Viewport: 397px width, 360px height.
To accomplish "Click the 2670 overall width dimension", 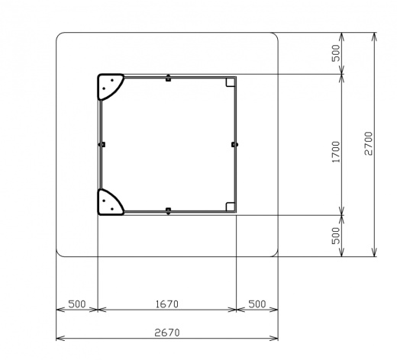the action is [167, 333].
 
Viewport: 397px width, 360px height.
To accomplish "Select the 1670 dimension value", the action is [167, 304].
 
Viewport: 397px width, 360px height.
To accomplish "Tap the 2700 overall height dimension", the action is [368, 143].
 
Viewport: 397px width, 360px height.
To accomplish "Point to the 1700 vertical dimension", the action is [336, 152].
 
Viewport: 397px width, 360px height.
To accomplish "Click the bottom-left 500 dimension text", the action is [77, 304].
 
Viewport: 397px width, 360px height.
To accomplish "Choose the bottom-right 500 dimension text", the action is [257, 304].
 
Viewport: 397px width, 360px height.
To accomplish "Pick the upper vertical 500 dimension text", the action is [336, 53].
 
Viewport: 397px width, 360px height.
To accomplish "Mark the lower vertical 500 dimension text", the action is [336, 236].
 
